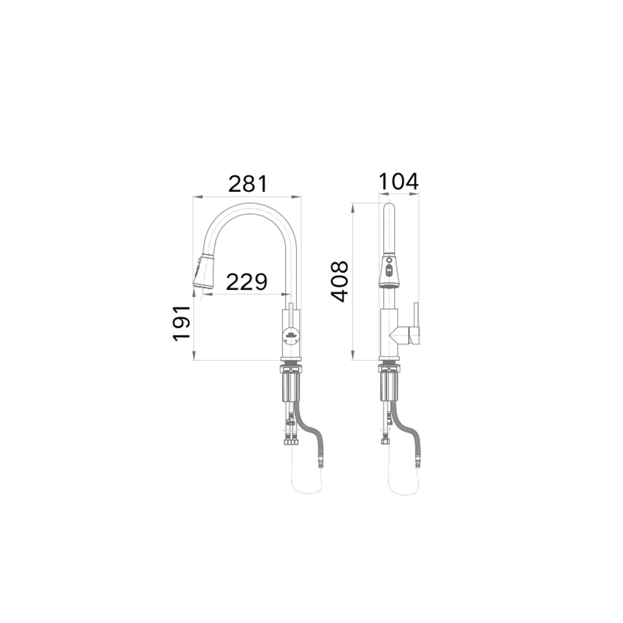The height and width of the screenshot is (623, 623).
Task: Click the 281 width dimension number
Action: coord(248,184)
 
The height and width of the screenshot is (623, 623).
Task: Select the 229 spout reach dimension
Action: coord(247,282)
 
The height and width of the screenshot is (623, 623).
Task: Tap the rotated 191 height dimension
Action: coord(182,324)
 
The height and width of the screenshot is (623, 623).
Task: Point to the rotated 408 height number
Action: coord(339,281)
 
